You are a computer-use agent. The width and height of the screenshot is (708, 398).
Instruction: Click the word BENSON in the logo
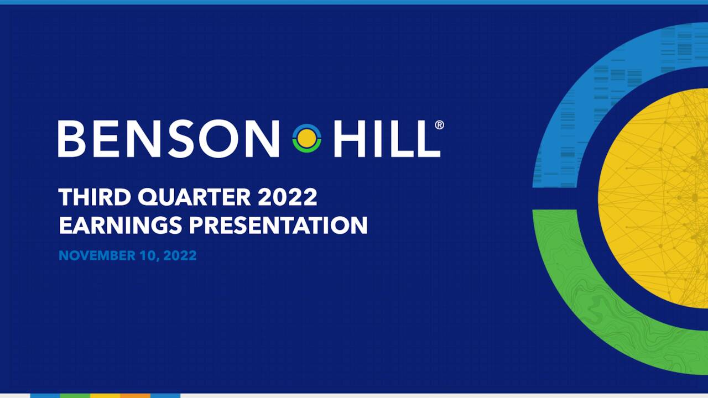click(169, 139)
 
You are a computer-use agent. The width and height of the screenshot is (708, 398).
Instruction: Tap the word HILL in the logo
click(387, 139)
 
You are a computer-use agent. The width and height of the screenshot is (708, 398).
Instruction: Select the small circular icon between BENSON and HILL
click(306, 138)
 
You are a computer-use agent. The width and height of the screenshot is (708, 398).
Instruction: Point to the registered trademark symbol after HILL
click(439, 125)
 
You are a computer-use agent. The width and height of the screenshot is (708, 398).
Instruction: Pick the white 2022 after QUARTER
click(288, 197)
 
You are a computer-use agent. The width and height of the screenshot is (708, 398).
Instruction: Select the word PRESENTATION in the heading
click(278, 226)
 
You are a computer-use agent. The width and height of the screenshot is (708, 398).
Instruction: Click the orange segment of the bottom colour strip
click(135, 395)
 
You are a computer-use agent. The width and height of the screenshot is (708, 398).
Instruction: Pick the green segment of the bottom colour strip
click(75, 395)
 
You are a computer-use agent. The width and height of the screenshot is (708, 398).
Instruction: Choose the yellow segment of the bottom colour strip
click(105, 395)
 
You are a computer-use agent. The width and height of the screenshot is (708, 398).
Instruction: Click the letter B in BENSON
click(71, 139)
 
